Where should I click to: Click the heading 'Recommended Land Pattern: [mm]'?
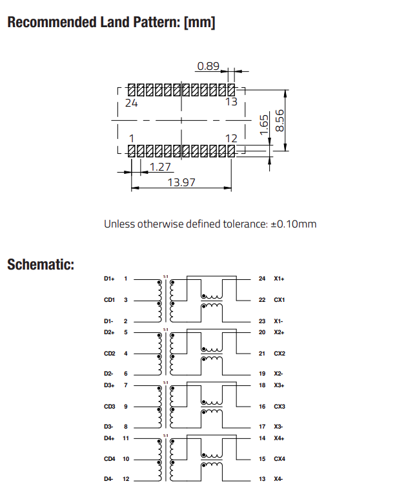coord(110,23)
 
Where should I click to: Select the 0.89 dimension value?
coord(209,65)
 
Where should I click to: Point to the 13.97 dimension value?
coord(181,182)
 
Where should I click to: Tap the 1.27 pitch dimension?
coord(159,167)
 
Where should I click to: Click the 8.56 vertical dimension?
coord(280,120)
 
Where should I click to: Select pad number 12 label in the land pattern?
coord(231,138)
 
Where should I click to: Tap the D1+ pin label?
coord(108,279)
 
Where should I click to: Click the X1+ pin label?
coord(279,279)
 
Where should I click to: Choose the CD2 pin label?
coord(109,354)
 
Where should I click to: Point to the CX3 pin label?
coord(280,407)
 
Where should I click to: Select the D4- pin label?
coord(108,479)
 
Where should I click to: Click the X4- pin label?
coord(279,479)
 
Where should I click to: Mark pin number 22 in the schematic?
coord(261,300)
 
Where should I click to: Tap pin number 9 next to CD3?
coord(125,407)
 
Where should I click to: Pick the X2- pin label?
coord(279,374)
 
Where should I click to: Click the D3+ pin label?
coord(108,385)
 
